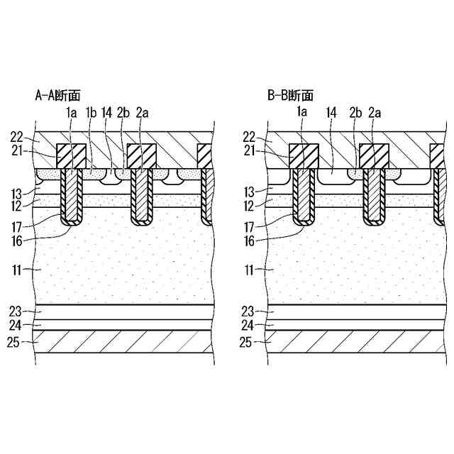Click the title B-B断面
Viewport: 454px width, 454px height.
pos(290,95)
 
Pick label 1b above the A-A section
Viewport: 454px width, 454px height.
pos(91,111)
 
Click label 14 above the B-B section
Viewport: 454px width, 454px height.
pos(331,111)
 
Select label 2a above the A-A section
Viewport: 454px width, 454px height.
pos(142,111)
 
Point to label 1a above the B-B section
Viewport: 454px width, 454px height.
pos(301,111)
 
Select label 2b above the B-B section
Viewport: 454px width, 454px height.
pos(355,111)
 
